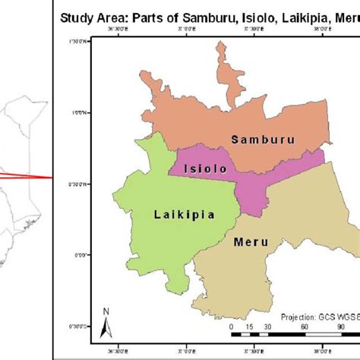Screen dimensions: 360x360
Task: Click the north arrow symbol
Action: tap(106, 327)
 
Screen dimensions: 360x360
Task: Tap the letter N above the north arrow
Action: tap(106, 311)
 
